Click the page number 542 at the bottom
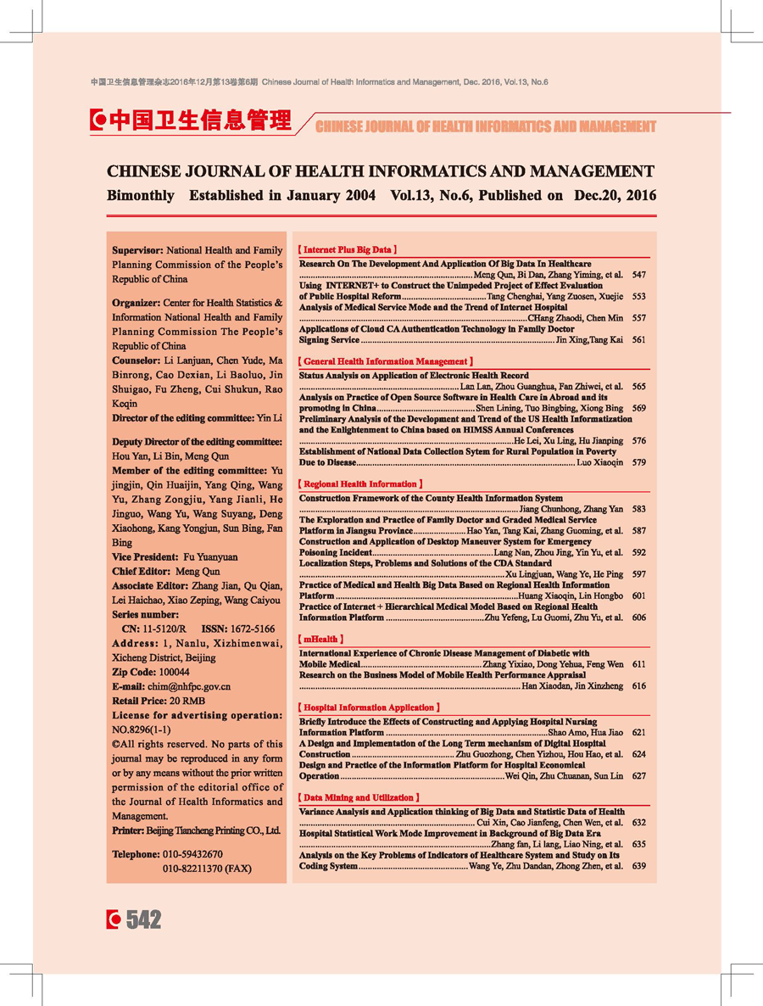pos(143,919)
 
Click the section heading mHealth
pos(321,639)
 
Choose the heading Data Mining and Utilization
pos(359,798)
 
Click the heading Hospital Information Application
pos(369,707)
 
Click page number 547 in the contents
pos(638,276)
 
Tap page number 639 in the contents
pos(638,866)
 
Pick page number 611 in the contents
pos(638,665)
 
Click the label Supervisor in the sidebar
pos(137,251)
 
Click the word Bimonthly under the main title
pos(141,195)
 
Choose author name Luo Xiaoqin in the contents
pos(599,462)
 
